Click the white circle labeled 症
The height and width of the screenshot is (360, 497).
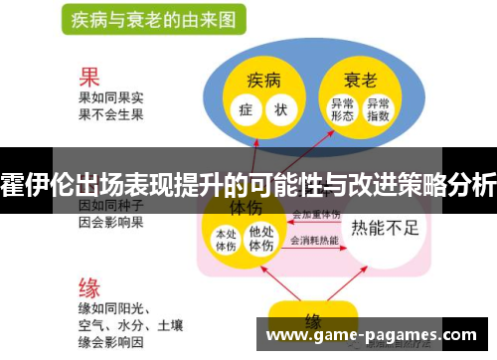tap(245, 108)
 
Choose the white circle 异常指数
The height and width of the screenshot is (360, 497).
tap(378, 109)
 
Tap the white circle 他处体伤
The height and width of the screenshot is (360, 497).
tap(260, 240)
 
